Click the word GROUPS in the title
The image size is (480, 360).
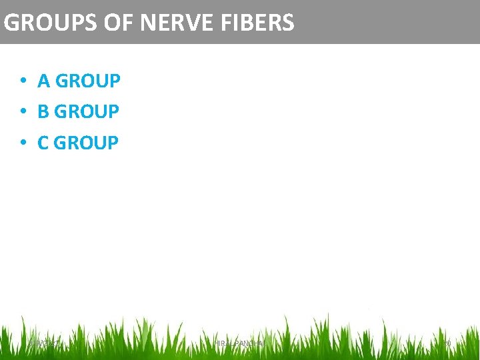[51, 23]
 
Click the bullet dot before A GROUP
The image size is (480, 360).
[23, 81]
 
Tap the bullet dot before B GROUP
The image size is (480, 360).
[23, 112]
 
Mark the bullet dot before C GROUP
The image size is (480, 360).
[23, 143]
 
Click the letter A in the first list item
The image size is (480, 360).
[44, 81]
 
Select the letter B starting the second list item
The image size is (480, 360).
[43, 112]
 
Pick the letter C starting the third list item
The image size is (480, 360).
[43, 143]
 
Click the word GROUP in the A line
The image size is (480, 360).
[88, 81]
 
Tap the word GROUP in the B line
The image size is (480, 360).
[87, 112]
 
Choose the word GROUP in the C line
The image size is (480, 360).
[87, 143]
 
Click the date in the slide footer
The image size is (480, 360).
[44, 343]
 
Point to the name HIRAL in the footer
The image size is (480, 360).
[224, 343]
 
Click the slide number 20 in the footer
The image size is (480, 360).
[447, 343]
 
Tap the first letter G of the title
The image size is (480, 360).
[11, 23]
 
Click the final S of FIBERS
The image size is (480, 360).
[287, 23]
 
